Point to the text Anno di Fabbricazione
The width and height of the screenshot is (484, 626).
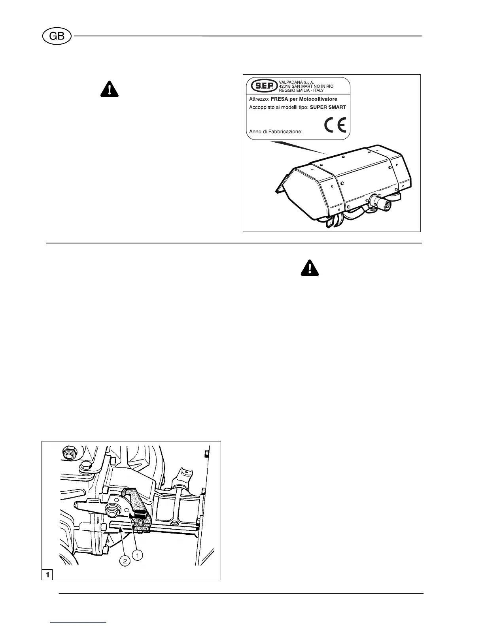[276, 132]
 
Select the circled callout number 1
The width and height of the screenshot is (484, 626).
[137, 555]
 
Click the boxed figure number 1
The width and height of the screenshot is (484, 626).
[47, 574]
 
